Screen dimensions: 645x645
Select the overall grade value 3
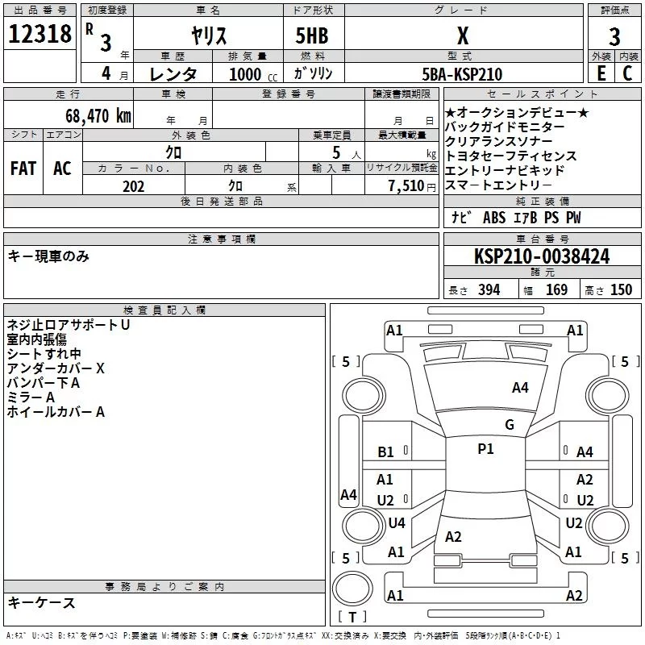(x=614, y=37)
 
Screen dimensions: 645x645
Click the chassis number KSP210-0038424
(x=542, y=256)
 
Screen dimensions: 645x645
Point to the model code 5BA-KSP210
(x=463, y=74)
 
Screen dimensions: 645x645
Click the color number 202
(x=133, y=186)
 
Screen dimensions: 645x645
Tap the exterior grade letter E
(x=600, y=74)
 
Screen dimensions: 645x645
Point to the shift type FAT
(x=23, y=169)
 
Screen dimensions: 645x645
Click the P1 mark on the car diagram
(x=485, y=449)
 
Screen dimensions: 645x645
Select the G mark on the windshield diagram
(x=509, y=425)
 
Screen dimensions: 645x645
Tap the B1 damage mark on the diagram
(x=386, y=452)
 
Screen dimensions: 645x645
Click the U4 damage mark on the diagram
(x=396, y=523)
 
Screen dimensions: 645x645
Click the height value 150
(x=621, y=290)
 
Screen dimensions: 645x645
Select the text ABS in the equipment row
(x=493, y=218)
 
